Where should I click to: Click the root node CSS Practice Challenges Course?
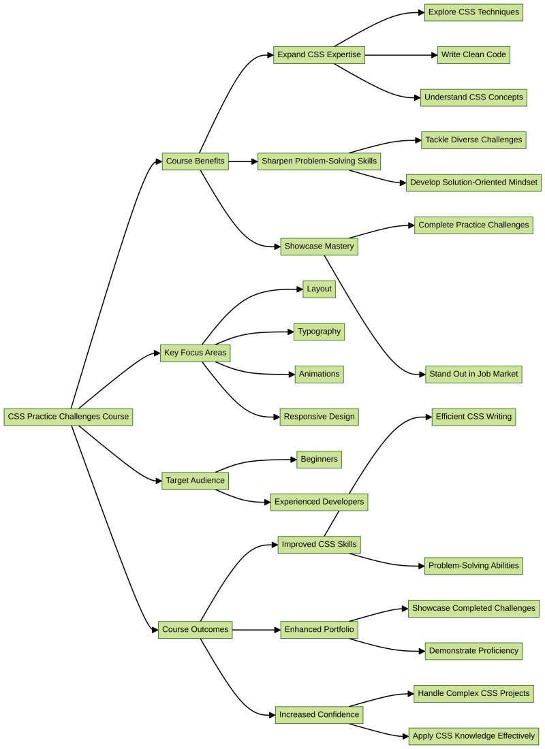[68, 417]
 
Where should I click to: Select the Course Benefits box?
[195, 161]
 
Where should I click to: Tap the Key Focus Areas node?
[195, 353]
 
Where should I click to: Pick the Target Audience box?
[195, 480]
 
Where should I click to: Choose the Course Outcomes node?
[195, 629]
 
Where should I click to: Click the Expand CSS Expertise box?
[319, 54]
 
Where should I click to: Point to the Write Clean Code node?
[473, 54]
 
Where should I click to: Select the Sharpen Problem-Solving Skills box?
[318, 161]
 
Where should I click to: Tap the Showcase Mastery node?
[319, 246]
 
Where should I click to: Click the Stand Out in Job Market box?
[473, 374]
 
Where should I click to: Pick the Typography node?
[319, 332]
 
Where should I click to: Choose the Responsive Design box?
[319, 417]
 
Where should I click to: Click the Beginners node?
[319, 459]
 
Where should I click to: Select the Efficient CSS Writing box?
[473, 417]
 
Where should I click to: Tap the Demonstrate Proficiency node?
[473, 650]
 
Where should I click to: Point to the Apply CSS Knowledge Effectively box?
[473, 735]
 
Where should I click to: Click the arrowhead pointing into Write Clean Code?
[433, 54]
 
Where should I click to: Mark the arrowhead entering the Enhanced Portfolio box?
[276, 629]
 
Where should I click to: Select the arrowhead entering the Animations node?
[291, 374]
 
